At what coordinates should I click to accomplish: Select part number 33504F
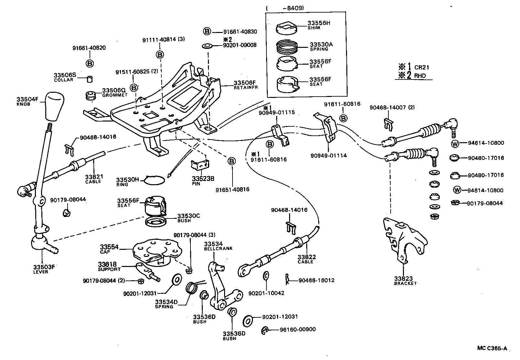click(x=27, y=100)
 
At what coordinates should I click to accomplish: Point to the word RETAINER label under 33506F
click(x=245, y=88)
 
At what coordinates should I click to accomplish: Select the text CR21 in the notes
click(x=422, y=68)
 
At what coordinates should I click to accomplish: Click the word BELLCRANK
click(x=218, y=249)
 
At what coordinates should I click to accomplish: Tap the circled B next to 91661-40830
click(x=207, y=31)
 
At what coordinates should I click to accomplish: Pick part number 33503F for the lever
click(x=44, y=267)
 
